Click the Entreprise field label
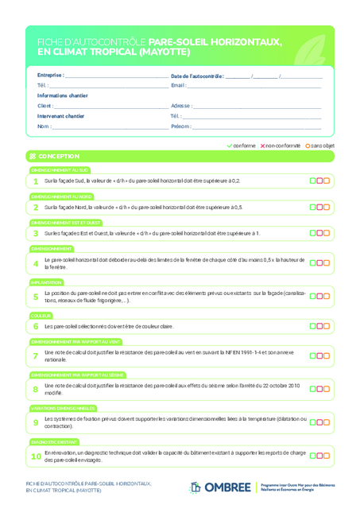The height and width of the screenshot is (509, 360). click(50, 76)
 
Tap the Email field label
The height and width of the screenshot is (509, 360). click(178, 85)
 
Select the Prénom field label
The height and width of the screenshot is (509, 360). click(180, 126)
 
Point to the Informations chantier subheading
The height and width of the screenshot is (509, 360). click(63, 95)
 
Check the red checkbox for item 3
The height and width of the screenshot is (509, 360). click(319, 233)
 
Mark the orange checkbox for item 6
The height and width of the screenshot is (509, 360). click(327, 326)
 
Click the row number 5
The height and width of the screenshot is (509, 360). click(36, 297)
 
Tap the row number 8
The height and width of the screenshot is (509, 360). click(36, 389)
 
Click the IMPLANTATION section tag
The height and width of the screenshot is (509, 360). click(47, 282)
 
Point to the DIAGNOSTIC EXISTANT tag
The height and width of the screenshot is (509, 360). click(55, 440)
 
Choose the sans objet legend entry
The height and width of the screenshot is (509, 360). click(323, 146)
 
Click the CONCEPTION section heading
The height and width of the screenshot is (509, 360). click(58, 157)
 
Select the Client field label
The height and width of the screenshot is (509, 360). click(45, 106)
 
